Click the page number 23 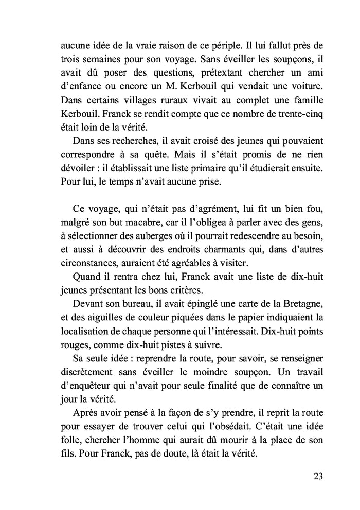tap(317, 476)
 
